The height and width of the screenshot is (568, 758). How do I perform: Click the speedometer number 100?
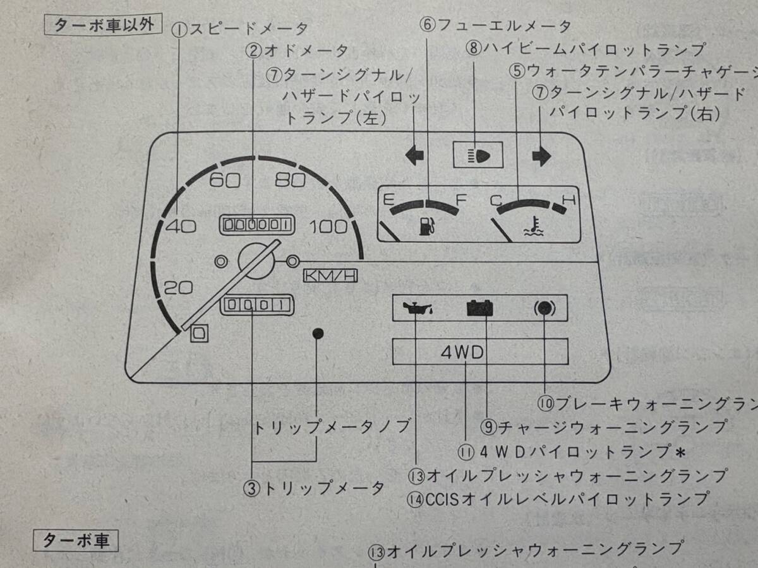click(x=330, y=227)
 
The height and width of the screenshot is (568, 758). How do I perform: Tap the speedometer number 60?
click(x=225, y=180)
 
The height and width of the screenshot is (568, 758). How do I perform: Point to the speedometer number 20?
click(x=178, y=288)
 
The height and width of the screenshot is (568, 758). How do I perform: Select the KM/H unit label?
click(x=330, y=276)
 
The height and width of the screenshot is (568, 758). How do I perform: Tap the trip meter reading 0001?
click(x=258, y=305)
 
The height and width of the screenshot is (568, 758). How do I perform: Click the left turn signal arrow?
click(x=415, y=155)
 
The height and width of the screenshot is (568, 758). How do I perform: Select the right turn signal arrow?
click(x=541, y=156)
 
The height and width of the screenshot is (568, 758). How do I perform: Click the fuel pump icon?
click(x=428, y=225)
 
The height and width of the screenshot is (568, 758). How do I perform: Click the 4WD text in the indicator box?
click(x=462, y=352)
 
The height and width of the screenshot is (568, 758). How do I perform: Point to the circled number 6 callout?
click(x=428, y=26)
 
